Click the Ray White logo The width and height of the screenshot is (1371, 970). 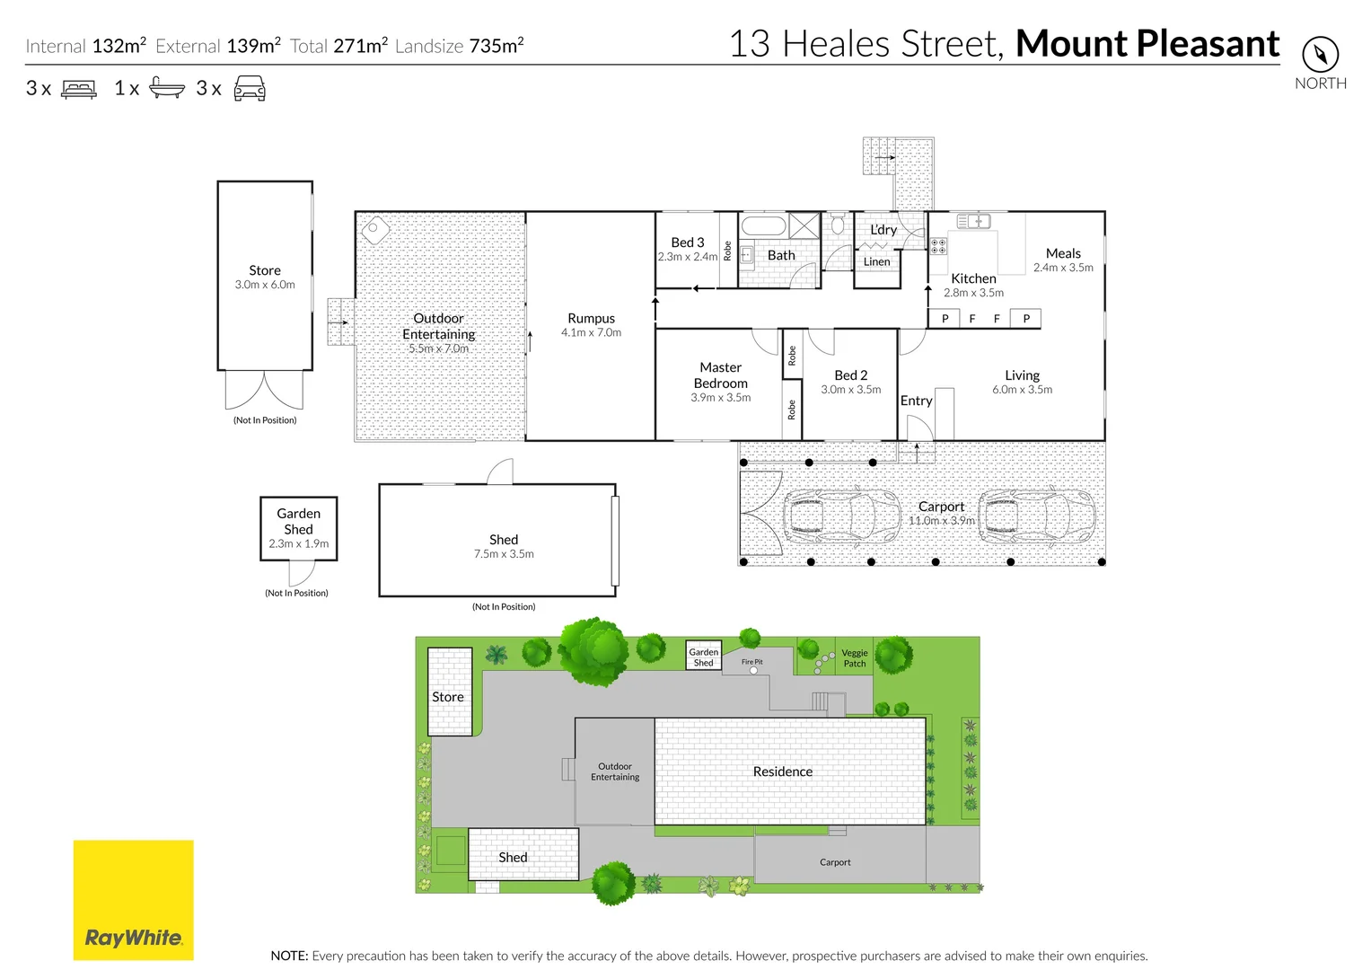(133, 900)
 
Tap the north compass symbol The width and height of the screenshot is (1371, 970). (1320, 55)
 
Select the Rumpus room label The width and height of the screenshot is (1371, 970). (591, 318)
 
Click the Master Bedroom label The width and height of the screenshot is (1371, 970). (720, 375)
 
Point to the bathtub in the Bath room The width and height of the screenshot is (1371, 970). (763, 225)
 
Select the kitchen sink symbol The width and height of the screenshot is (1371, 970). (973, 221)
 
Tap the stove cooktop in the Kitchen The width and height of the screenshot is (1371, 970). (937, 246)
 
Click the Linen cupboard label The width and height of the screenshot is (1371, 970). (876, 262)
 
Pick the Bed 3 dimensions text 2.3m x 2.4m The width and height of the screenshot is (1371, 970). (688, 257)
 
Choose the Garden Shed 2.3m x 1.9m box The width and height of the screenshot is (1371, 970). (298, 528)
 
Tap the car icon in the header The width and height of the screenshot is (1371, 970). (250, 88)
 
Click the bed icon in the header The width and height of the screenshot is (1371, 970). (79, 89)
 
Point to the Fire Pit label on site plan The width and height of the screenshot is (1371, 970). (751, 662)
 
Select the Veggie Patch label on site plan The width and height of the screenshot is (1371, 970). (855, 658)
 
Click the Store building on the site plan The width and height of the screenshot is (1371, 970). (449, 692)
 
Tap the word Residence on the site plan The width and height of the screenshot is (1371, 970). (782, 772)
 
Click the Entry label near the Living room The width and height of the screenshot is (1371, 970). (916, 401)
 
